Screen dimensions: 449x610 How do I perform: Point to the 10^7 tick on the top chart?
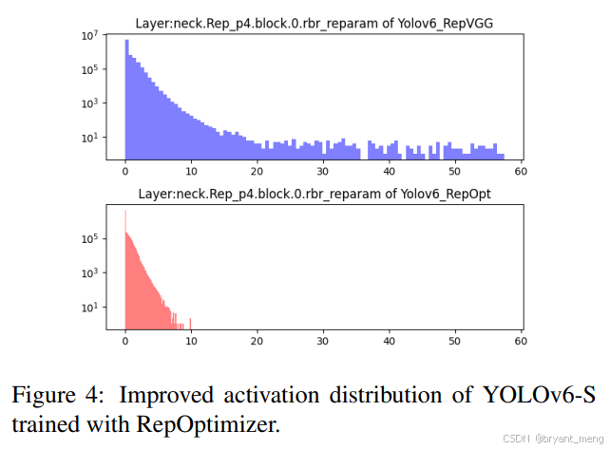[91, 35]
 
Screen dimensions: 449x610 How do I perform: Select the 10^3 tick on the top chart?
[91, 103]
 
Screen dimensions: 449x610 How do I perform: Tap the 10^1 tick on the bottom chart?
[91, 307]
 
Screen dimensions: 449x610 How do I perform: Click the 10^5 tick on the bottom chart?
[91, 239]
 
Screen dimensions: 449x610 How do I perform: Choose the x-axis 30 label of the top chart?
[323, 173]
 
